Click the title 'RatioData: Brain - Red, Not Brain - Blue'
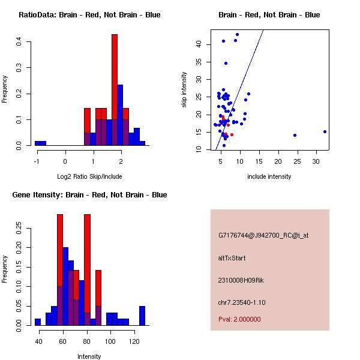pos(89,14)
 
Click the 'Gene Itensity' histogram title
pos(89,194)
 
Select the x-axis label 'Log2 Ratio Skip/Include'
pos(89,176)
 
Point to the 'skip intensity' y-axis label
pos(184,90)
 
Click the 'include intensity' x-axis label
pos(269,176)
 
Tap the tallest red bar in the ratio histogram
pos(114,90)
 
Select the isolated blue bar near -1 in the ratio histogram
pos(40,143)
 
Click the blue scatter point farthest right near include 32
pos(325,131)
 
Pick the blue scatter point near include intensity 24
pos(295,135)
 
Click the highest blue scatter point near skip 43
pos(237,35)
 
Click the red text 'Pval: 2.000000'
pos(239,319)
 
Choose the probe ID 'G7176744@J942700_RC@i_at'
pos(263,236)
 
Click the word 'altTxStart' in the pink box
pos(232,258)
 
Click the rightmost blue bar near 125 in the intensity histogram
pos(142,316)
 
